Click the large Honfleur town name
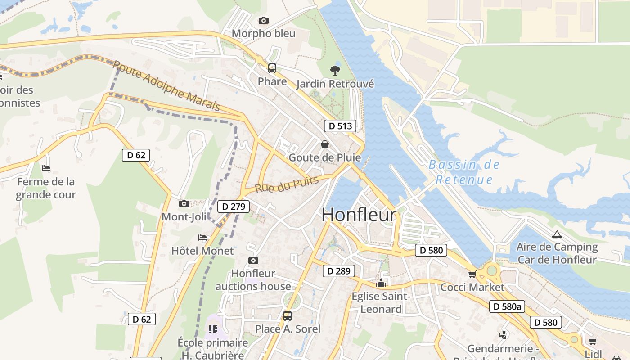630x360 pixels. pos(359,215)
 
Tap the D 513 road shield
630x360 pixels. pos(340,126)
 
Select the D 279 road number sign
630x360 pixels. pos(234,207)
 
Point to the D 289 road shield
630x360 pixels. pos(339,271)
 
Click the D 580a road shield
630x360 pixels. pos(507,306)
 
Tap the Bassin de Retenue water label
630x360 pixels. pos(464,172)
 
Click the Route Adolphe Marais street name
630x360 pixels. pos(166,85)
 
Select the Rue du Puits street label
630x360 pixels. pos(287,184)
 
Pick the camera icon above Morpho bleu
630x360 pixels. pos(264,20)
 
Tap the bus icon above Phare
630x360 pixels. pos(272,68)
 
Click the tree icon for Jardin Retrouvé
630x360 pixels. pos(335,70)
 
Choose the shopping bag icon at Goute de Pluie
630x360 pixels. pos(324,144)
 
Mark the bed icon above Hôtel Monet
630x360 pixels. pos(202,238)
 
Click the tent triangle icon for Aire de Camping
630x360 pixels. pos(557,234)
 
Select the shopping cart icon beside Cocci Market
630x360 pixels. pos(472,274)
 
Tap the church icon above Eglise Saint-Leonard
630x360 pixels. pos(381,283)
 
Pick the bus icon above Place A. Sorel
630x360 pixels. pos(288,316)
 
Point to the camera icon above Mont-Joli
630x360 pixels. pos(184,204)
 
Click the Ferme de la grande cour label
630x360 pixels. pos(46,188)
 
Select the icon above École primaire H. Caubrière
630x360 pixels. pos(212,330)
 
